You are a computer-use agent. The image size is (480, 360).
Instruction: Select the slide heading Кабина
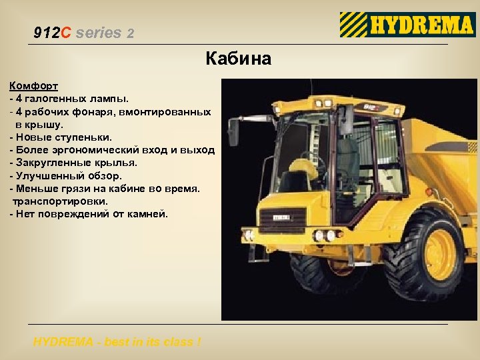(239, 59)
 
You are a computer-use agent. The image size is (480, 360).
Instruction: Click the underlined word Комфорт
(33, 86)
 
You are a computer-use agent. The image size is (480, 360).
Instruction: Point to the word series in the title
(99, 32)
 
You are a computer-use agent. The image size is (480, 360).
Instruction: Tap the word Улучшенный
(48, 176)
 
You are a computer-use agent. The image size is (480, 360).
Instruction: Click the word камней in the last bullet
(149, 214)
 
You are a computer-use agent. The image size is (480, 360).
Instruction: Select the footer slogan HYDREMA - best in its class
(117, 342)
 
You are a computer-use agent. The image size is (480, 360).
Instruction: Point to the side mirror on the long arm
(233, 133)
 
